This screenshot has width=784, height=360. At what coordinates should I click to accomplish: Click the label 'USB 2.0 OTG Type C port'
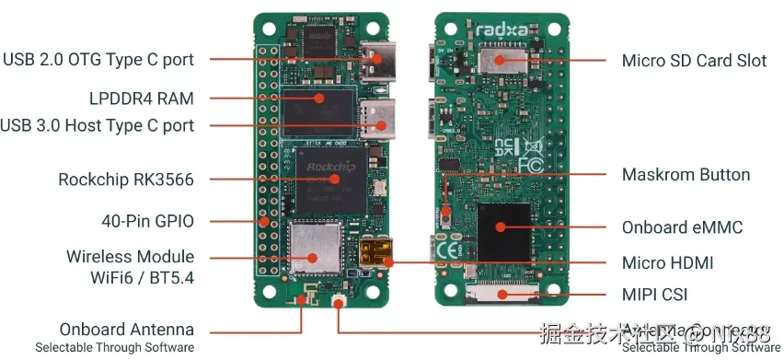(98, 60)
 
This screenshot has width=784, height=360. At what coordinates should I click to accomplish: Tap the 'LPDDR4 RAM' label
(142, 98)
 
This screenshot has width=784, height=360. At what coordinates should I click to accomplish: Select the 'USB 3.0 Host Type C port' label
(98, 125)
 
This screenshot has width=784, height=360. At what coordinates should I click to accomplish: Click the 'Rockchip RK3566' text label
(126, 180)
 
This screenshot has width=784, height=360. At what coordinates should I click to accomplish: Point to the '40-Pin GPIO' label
(147, 221)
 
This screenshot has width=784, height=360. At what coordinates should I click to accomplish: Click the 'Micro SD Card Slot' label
(694, 61)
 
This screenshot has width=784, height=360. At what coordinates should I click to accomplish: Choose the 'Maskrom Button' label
(686, 174)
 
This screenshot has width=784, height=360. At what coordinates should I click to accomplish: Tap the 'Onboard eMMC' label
(682, 226)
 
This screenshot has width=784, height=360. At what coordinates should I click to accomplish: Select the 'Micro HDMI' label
(667, 263)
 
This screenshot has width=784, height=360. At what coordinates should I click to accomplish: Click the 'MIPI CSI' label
(654, 296)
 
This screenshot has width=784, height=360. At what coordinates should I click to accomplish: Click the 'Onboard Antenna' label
(127, 330)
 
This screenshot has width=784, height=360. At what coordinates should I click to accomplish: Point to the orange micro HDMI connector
(375, 254)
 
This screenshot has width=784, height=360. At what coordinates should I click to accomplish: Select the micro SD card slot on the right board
(500, 62)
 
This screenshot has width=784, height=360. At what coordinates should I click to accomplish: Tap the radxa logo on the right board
(502, 30)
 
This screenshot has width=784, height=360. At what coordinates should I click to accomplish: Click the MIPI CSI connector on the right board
(502, 295)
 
